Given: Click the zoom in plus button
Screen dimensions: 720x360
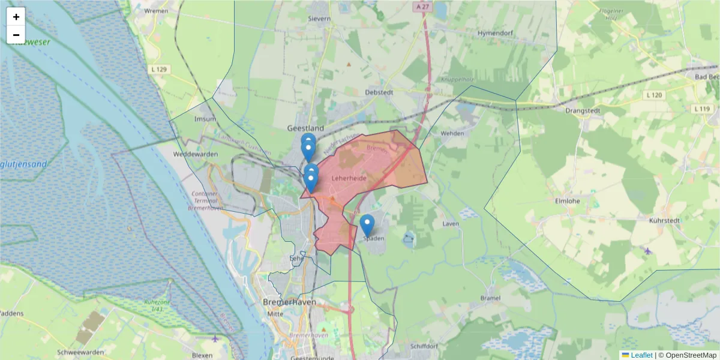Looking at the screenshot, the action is (x=16, y=17).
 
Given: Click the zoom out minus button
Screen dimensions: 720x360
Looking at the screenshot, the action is (x=16, y=35).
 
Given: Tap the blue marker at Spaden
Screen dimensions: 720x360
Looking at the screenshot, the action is (x=367, y=226).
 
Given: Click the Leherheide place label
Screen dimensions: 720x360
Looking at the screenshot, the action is (x=349, y=178).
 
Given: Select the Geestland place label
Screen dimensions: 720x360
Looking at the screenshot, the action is (x=305, y=128).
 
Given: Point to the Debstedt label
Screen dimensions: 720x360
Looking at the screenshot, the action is (x=379, y=92).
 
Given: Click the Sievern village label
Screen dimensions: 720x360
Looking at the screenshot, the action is (x=319, y=19).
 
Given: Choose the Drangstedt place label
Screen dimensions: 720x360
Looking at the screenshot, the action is (x=583, y=110).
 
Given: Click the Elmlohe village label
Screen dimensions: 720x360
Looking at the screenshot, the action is (x=568, y=201).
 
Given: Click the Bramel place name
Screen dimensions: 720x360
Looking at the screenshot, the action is (x=491, y=298).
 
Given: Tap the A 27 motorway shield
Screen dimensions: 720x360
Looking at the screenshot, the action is (x=423, y=7).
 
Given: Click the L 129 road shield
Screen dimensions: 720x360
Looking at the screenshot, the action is (x=160, y=70).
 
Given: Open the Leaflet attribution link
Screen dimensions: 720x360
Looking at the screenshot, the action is (x=641, y=355).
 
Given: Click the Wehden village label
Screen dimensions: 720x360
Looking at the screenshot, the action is (x=453, y=133).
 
